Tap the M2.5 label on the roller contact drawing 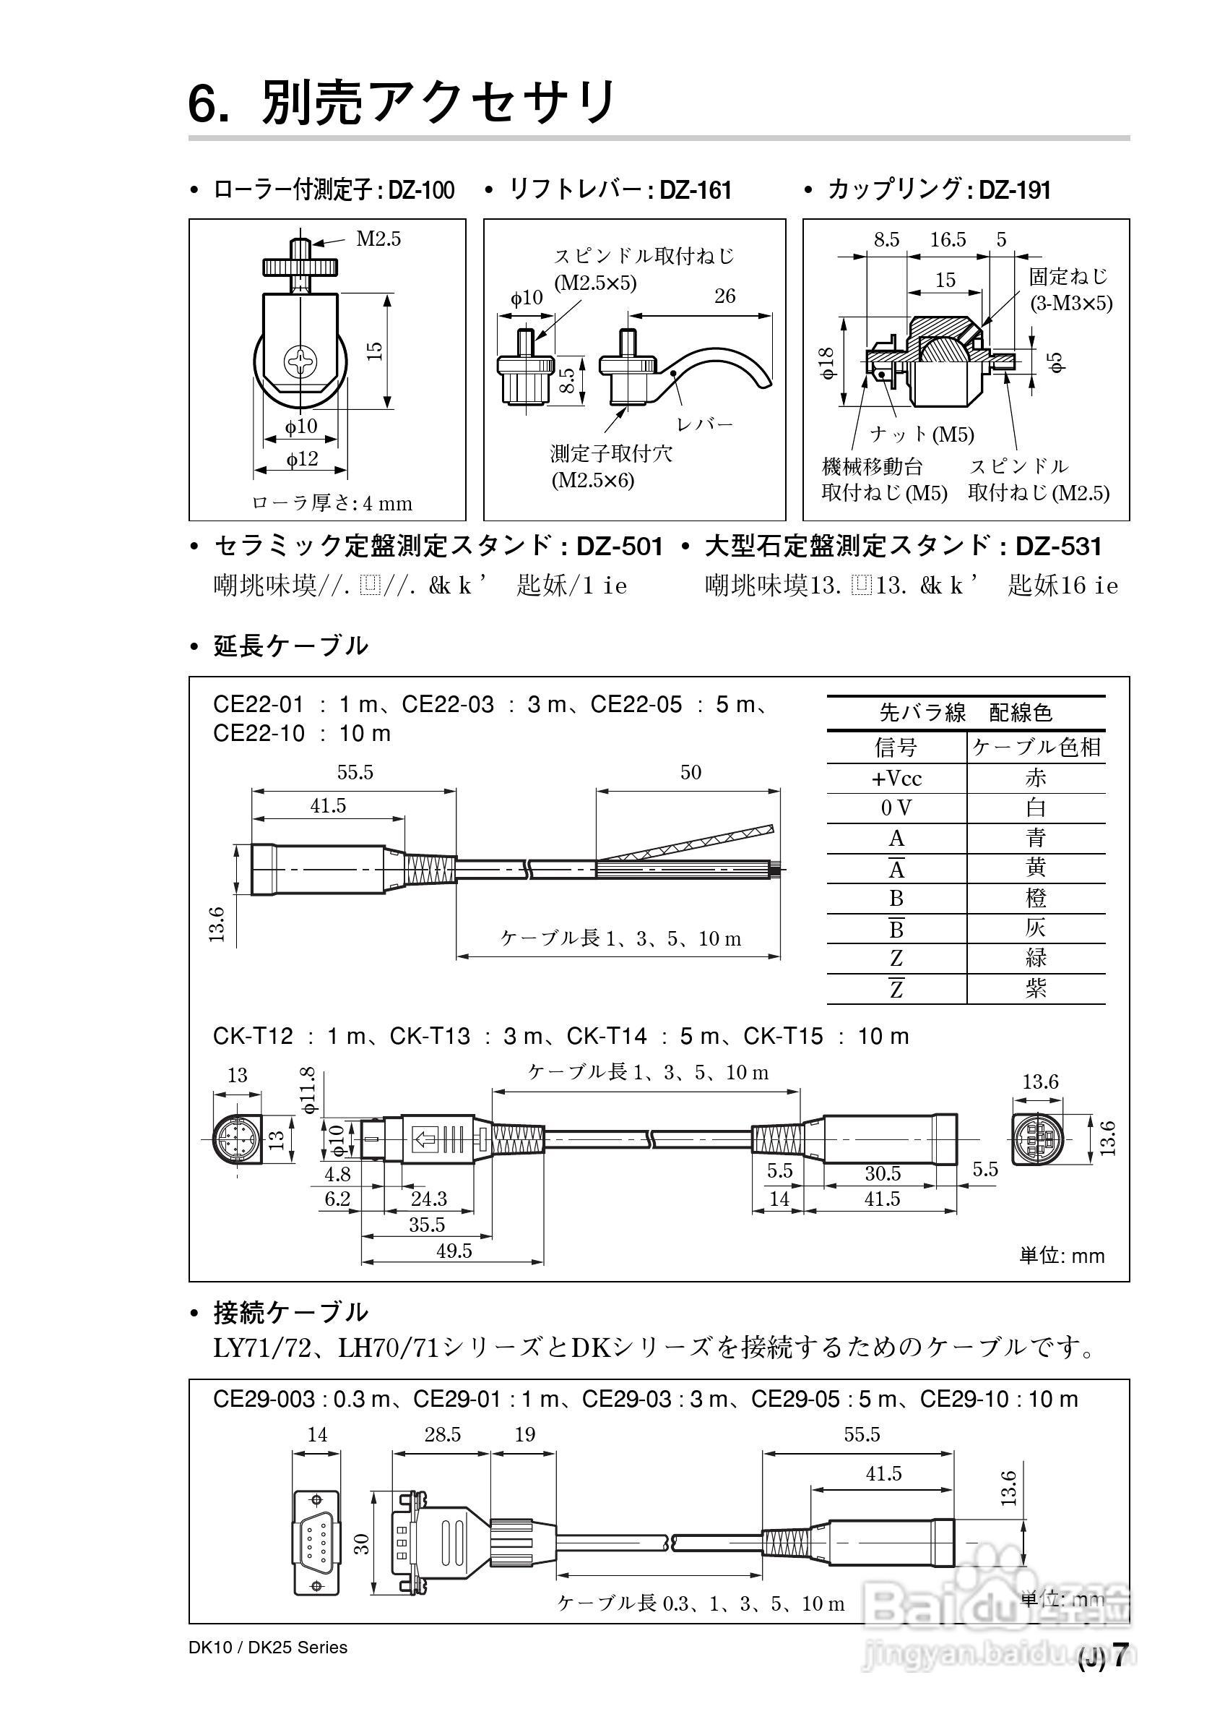[x=378, y=239]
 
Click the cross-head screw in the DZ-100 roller [x=301, y=363]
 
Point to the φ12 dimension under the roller [x=301, y=458]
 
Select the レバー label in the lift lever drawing [x=704, y=424]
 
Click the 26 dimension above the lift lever [x=724, y=296]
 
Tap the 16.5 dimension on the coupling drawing [x=948, y=240]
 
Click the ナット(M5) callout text [x=922, y=434]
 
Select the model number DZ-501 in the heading [x=619, y=546]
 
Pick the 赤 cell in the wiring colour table [x=1035, y=778]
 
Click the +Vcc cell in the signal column [x=896, y=779]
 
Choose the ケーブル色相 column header [x=1036, y=747]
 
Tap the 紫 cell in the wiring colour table [x=1035, y=988]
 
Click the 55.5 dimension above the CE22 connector [x=355, y=773]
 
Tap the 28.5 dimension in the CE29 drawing [x=442, y=1434]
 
